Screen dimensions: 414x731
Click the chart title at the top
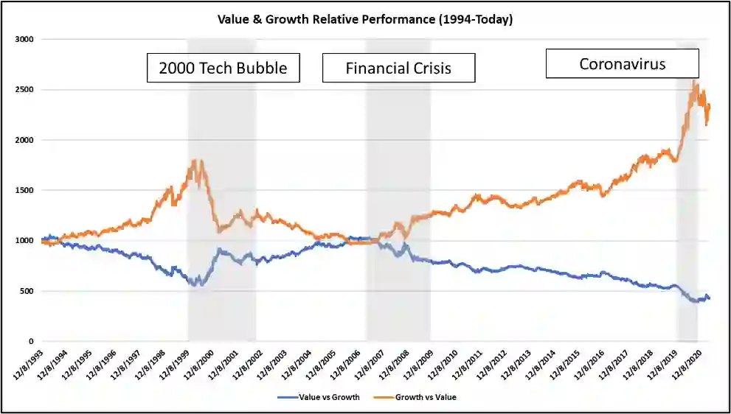pos(364,19)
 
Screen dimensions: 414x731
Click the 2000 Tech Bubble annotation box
pos(223,69)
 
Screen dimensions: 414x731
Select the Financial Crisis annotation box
pos(398,69)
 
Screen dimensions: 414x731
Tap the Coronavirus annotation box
pos(622,63)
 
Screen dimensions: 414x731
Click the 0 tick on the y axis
pos(30,342)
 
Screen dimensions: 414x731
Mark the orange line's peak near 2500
pos(695,83)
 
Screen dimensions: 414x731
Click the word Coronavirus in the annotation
pos(622,64)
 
